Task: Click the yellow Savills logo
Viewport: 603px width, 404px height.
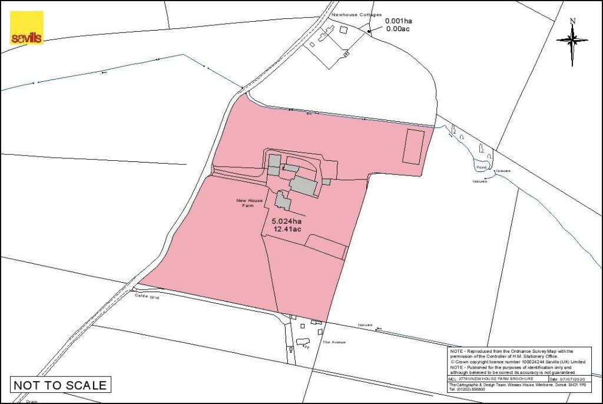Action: click(26, 28)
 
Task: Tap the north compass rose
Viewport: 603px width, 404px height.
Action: click(572, 41)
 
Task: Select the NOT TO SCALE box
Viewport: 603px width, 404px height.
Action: click(60, 385)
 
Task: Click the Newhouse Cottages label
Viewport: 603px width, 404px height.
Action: click(356, 14)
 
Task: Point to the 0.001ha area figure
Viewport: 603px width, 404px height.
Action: click(399, 21)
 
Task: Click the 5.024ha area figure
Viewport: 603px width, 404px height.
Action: click(286, 221)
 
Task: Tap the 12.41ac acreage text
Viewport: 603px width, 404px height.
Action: click(286, 230)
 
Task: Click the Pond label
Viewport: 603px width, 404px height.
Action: click(482, 167)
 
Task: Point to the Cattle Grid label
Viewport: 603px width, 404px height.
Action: click(147, 297)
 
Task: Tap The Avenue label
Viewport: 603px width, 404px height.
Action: click(333, 342)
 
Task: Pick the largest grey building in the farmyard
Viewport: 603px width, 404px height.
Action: click(304, 186)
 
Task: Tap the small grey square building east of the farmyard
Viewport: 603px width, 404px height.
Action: click(326, 181)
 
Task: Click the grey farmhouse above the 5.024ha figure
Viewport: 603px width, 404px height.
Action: click(283, 201)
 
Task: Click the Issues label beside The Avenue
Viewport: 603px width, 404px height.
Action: click(365, 325)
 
